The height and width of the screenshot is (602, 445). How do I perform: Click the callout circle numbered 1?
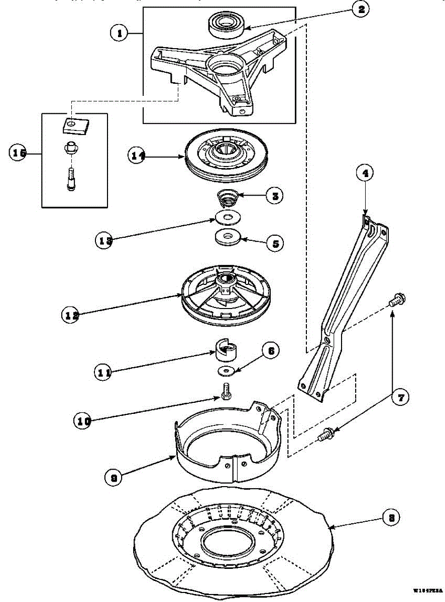[120, 34]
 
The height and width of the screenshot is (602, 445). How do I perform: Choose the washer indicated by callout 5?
[229, 236]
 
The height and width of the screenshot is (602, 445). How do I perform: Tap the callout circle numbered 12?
[71, 315]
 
